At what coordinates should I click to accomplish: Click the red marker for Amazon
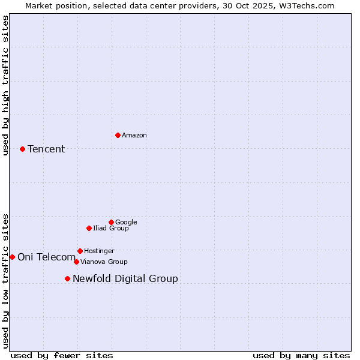[x=118, y=135]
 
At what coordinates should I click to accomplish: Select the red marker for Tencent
[x=22, y=149]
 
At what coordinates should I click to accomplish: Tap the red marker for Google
[x=111, y=222]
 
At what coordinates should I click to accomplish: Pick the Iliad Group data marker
[x=89, y=228]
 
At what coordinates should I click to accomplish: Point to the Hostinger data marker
[x=80, y=251]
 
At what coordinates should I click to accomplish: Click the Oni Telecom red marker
[x=12, y=257]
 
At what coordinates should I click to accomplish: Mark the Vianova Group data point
[x=76, y=262]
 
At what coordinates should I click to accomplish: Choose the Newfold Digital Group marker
[x=67, y=278]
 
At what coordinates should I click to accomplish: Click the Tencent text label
[x=46, y=149]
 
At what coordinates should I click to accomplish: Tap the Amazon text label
[x=134, y=135]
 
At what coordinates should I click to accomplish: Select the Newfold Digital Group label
[x=125, y=278]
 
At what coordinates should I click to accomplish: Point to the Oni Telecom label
[x=47, y=257]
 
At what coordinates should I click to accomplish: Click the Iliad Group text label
[x=111, y=228]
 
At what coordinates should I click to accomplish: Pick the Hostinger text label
[x=99, y=251]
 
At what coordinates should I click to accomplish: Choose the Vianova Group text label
[x=104, y=262]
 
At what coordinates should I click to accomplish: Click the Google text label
[x=126, y=222]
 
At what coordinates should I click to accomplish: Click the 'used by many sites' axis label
[x=301, y=355]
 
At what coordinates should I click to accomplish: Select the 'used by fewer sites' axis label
[x=62, y=355]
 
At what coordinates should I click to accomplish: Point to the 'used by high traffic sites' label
[x=5, y=85]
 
